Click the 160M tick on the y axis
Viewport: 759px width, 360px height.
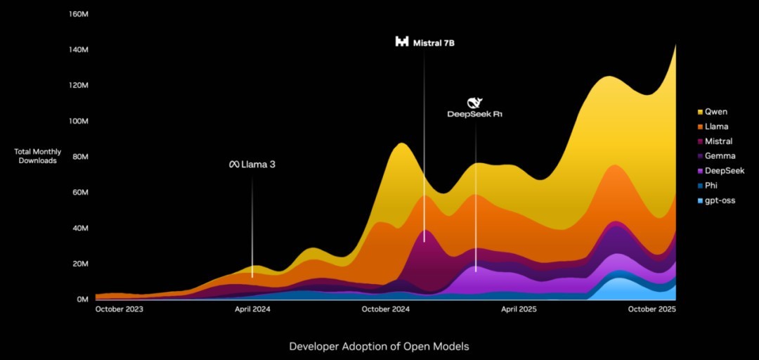tap(77, 14)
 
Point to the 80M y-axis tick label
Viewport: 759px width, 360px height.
tap(79, 157)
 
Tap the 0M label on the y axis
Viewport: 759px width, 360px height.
tap(82, 300)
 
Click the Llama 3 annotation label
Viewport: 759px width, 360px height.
tap(252, 165)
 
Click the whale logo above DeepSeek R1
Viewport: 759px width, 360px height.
tap(475, 103)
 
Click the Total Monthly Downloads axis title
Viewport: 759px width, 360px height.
tap(38, 156)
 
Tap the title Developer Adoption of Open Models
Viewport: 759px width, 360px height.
tap(379, 347)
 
